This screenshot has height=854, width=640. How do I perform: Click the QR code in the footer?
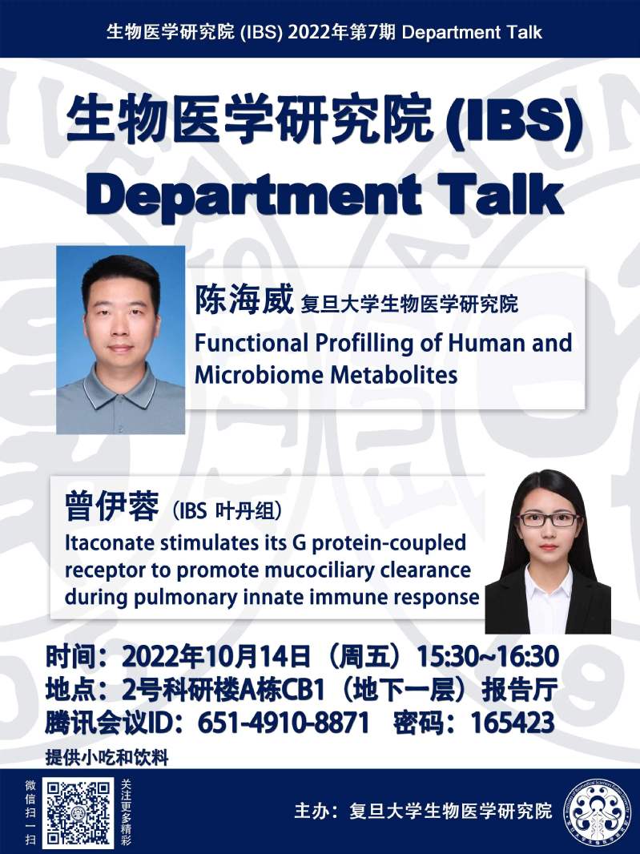tap(78, 812)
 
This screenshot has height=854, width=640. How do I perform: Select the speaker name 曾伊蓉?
tap(111, 506)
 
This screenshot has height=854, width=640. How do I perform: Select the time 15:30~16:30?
tap(488, 657)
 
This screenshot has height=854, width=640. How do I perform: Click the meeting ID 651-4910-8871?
tap(284, 723)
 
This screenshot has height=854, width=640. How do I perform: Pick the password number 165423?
tap(513, 723)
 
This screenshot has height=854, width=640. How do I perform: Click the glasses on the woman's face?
tap(549, 519)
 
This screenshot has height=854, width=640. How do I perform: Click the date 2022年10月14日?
tap(216, 657)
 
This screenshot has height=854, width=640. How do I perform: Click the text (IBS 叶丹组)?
tap(227, 511)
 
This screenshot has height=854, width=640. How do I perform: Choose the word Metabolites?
tap(394, 375)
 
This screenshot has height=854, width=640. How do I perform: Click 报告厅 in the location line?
tap(520, 690)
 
